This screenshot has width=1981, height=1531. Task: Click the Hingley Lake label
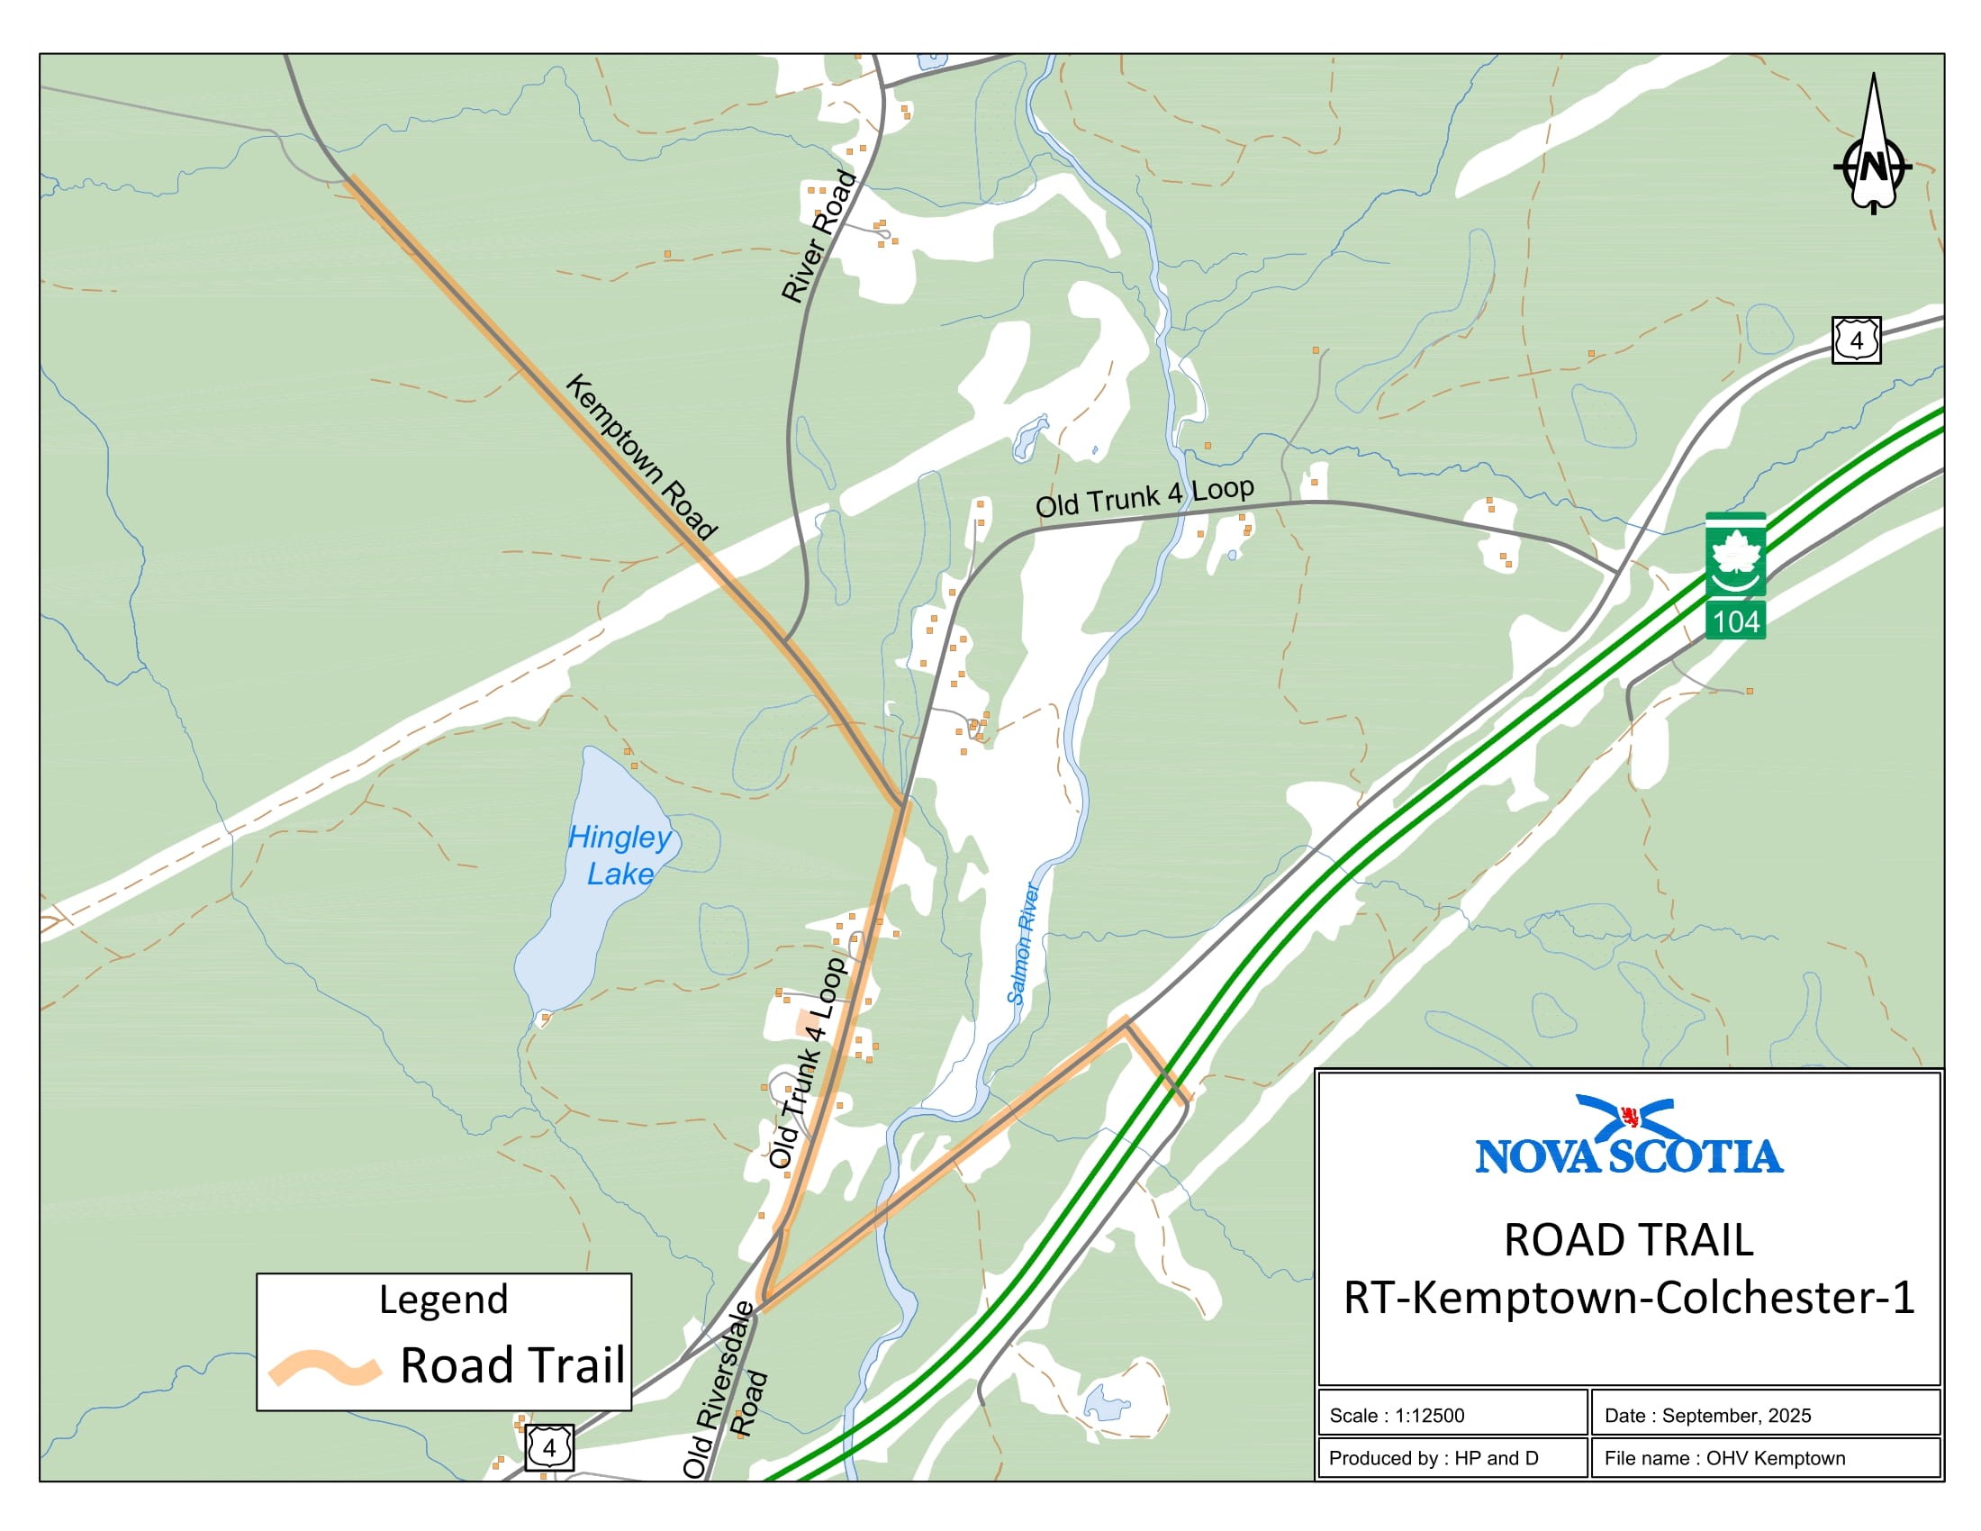click(620, 855)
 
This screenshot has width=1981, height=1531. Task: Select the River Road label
click(819, 236)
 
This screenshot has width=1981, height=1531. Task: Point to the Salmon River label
click(1022, 943)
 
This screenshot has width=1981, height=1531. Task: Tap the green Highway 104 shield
click(1735, 576)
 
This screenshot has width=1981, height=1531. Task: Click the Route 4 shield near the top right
click(1856, 340)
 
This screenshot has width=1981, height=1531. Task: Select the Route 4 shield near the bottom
click(548, 1446)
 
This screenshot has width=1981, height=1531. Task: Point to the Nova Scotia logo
click(1629, 1136)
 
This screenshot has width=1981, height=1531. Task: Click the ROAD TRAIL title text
click(1629, 1240)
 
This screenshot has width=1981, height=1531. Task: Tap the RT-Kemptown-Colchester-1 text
click(1629, 1298)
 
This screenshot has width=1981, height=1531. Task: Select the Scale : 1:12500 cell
click(1452, 1415)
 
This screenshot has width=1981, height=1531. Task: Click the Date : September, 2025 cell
click(1764, 1415)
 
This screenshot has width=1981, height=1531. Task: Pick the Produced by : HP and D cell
click(1452, 1457)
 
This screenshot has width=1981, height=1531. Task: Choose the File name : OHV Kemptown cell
click(1764, 1457)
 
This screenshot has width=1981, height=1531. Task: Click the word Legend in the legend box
click(444, 1300)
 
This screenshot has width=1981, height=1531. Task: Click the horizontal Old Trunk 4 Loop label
click(1144, 497)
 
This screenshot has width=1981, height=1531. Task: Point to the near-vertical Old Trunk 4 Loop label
click(808, 1061)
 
